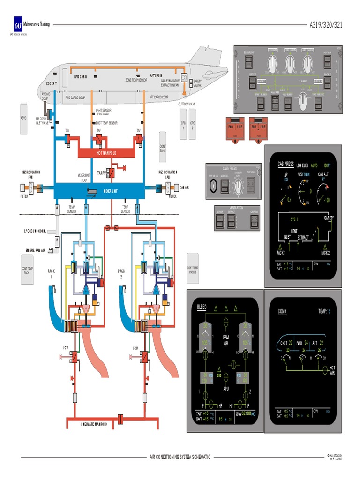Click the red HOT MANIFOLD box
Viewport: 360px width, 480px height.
coord(106,153)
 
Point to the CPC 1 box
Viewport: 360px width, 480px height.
coord(183,125)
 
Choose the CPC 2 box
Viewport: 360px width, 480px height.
coord(192,125)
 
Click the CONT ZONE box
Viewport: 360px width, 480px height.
coord(163,149)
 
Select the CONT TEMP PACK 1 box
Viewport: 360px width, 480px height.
coord(27,270)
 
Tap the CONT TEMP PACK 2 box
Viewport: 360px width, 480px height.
coord(193,270)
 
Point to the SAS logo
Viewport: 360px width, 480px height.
coord(18,26)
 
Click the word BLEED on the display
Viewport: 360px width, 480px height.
coord(202,307)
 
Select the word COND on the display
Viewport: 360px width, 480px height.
coord(282,311)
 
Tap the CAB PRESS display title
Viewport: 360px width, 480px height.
coord(286,165)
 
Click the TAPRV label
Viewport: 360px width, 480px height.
coord(102,173)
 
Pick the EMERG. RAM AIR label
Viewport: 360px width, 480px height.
coord(35,250)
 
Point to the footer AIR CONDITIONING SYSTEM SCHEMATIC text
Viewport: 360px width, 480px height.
coord(180,457)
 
